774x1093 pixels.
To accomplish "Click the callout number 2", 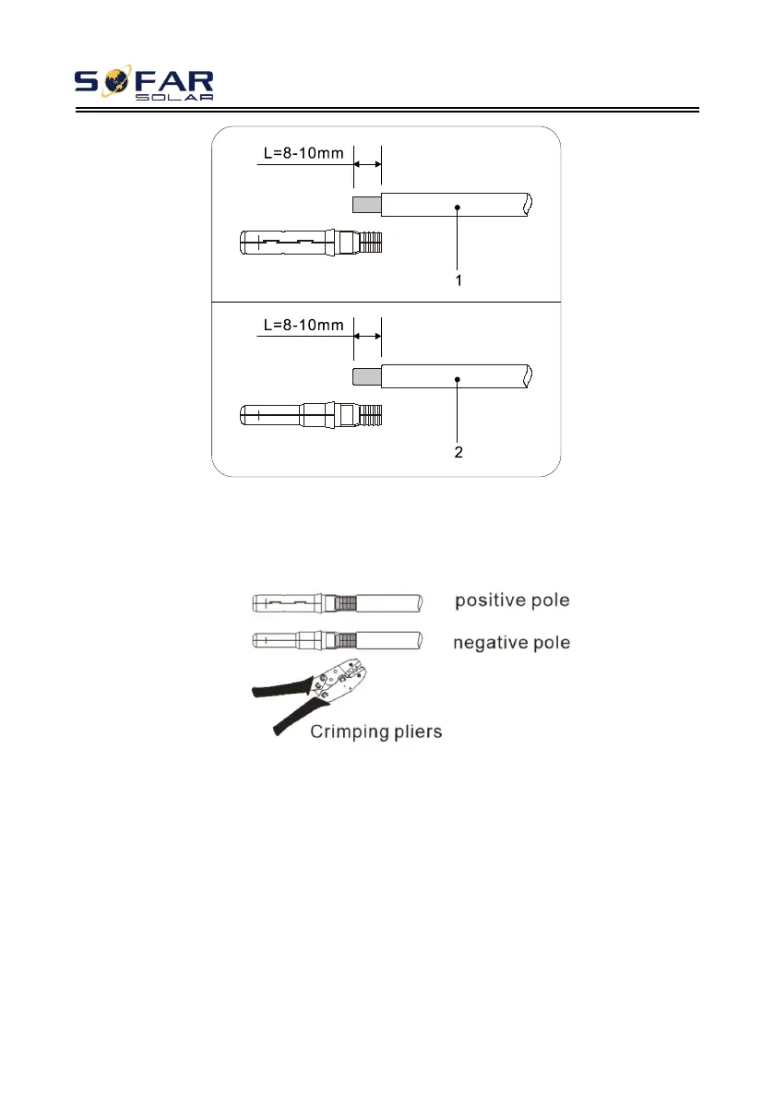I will click(458, 452).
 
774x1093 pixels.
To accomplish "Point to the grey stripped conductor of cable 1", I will click(366, 204).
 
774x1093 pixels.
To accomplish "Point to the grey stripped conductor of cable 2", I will click(366, 375).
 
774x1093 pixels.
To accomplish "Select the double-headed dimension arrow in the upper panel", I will click(367, 164).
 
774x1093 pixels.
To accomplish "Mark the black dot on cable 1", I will click(458, 208).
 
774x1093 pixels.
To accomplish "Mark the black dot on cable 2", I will click(458, 379).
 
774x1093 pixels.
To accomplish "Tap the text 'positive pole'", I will click(512, 601).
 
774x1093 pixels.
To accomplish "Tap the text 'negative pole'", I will click(512, 642).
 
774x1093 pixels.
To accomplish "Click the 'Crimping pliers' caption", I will click(375, 732).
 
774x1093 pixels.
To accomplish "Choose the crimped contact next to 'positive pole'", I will click(338, 603).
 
